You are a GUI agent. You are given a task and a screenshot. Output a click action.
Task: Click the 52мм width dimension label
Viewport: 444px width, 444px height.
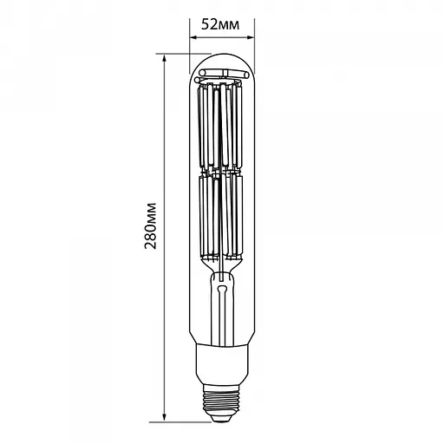(x=220, y=23)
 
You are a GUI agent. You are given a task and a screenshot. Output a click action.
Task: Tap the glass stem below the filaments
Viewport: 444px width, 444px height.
(x=221, y=299)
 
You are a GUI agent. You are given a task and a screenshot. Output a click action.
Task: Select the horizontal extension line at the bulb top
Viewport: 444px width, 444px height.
(x=178, y=55)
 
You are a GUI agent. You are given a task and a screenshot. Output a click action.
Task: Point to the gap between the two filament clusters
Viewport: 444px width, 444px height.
(x=221, y=171)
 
